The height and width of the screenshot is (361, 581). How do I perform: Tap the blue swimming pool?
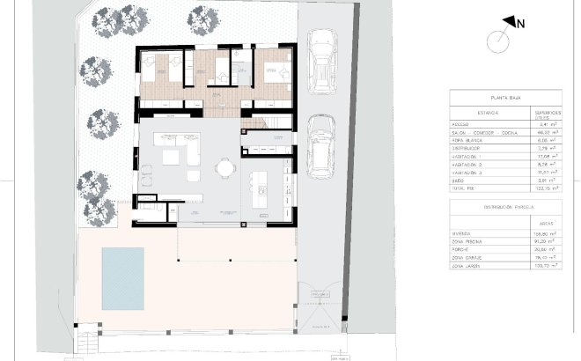click(122, 276)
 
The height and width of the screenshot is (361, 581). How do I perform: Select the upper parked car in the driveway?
click(322, 58)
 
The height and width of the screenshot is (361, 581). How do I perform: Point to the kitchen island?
click(260, 190)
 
